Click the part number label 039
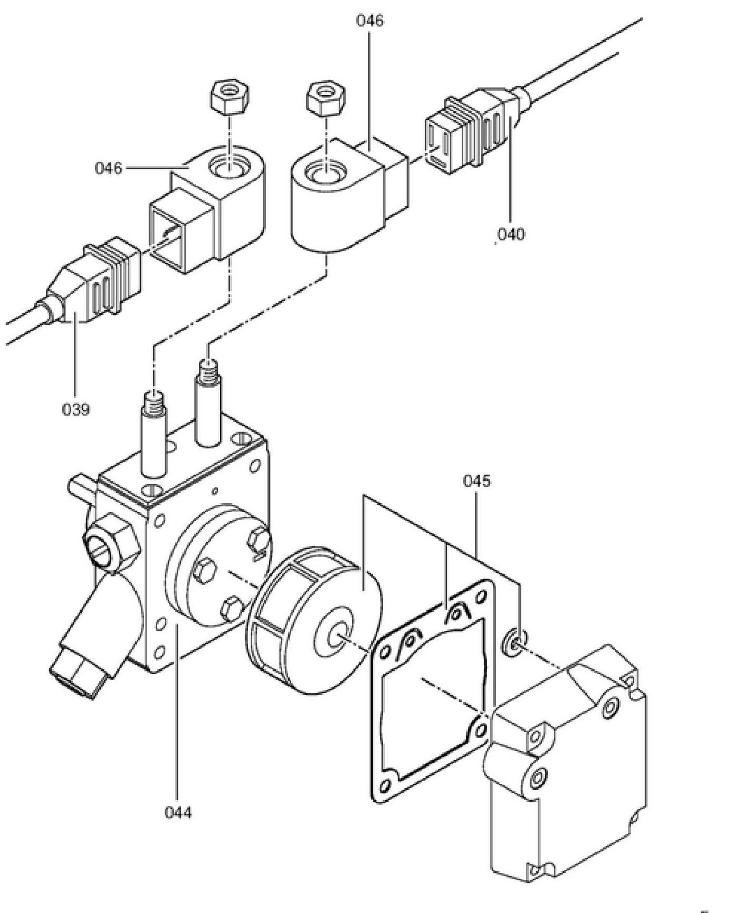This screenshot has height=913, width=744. click(x=75, y=409)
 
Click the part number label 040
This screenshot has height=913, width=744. click(x=511, y=234)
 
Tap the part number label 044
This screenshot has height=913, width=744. click(x=178, y=812)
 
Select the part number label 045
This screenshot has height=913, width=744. click(x=476, y=481)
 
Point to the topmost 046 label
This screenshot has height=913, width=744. click(x=370, y=21)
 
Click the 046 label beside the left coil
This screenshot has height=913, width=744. click(x=108, y=168)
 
